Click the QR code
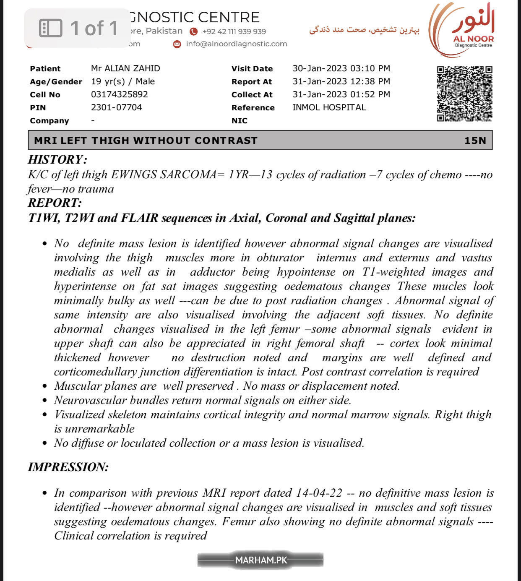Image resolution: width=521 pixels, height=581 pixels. pos(464,94)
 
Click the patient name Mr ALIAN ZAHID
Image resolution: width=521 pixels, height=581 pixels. pos(125,68)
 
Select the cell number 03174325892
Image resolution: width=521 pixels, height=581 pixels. pos(120,94)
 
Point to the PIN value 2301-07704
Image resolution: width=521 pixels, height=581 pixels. pos(117,107)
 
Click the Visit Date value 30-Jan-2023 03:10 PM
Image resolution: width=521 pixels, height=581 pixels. pos(341,68)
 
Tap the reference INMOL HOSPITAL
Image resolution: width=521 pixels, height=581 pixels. pos(329,107)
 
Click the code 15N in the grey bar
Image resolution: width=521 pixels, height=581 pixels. pos(475,140)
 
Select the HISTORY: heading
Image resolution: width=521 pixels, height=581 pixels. pos(57,159)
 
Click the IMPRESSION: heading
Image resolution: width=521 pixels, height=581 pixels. pos(68,467)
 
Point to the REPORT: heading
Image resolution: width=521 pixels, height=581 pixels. pos(55,203)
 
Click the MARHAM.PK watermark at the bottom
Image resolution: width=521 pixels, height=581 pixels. pos(260,560)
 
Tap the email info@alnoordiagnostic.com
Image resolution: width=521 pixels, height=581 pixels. pos(237,44)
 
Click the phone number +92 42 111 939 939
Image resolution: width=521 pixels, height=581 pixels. pos(234,31)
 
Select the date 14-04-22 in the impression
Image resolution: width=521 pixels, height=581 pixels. pos(319,493)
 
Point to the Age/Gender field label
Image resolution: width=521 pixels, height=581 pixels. pos(56,82)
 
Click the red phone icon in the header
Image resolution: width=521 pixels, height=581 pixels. pos(193,31)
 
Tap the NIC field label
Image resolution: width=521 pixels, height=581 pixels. pos(239,121)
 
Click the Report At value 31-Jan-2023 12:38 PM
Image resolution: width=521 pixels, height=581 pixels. pos(341,81)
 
